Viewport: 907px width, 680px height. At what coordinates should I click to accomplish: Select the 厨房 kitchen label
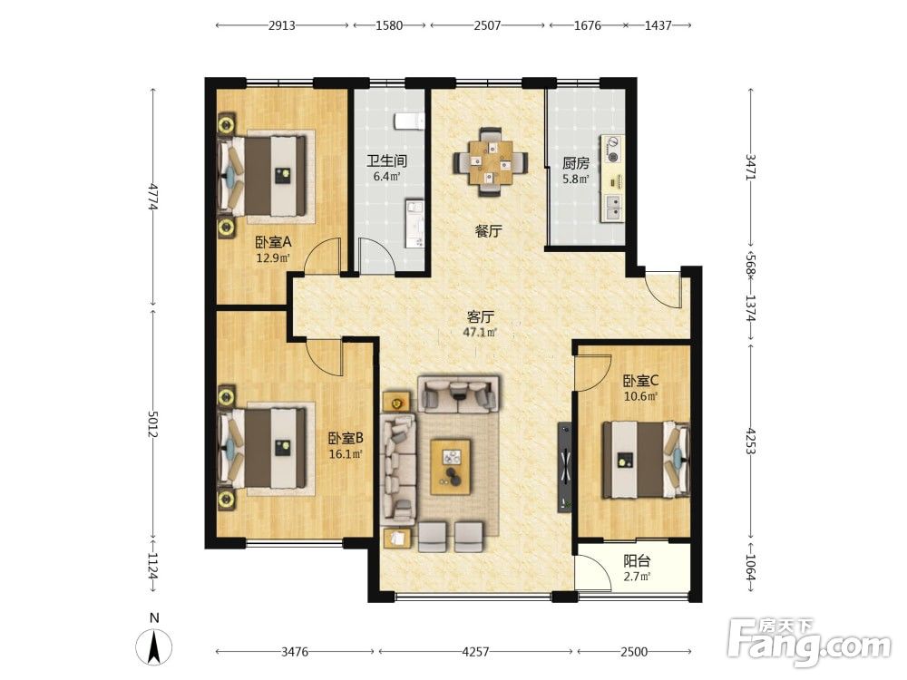coord(576,163)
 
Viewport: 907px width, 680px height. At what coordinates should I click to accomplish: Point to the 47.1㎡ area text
coord(480,332)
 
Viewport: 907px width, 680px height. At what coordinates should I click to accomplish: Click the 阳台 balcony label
coord(637,561)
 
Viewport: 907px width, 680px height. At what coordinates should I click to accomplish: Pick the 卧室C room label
coord(641,381)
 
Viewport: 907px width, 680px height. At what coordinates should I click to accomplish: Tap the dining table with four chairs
coord(491,162)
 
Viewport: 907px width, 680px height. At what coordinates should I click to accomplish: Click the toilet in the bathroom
coord(410,121)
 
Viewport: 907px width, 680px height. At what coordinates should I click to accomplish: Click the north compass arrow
coord(154,646)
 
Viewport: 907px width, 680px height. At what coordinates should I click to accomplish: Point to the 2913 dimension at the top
coord(282,25)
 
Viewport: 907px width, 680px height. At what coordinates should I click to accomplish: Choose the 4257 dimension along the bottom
coord(475,652)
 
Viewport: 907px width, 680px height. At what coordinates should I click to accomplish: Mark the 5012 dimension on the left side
coord(152,424)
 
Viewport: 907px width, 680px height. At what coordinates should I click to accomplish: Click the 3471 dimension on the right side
coord(751,167)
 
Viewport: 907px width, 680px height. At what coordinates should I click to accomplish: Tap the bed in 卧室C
coord(646,461)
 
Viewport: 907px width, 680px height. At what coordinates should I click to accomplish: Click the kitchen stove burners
coord(612,148)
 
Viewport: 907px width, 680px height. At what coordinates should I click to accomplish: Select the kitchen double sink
coord(612,209)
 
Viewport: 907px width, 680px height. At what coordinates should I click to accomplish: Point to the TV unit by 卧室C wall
coord(564,468)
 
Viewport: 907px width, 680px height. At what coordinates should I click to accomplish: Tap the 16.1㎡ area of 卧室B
coord(346,454)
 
